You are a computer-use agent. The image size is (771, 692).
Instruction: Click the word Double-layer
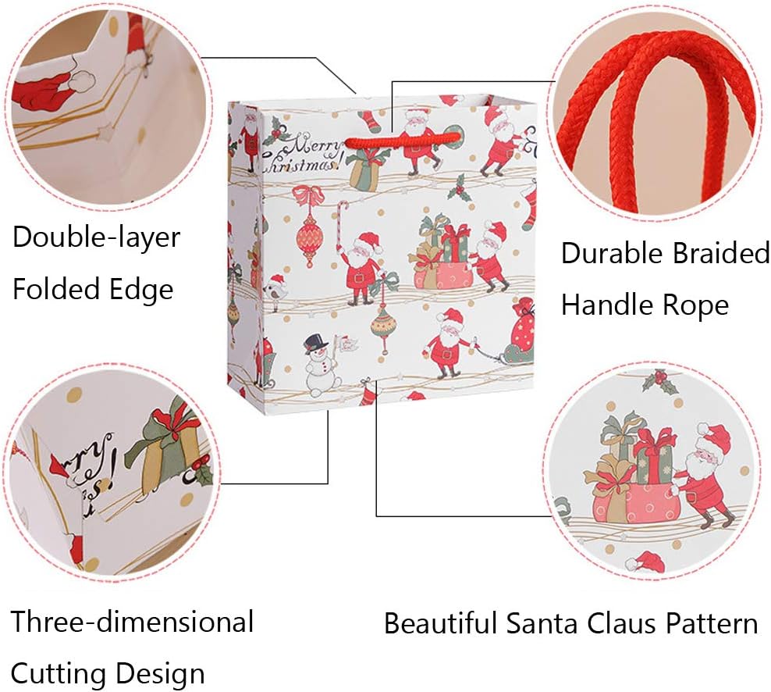(x=96, y=237)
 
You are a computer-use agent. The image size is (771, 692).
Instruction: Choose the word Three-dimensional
(x=133, y=622)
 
